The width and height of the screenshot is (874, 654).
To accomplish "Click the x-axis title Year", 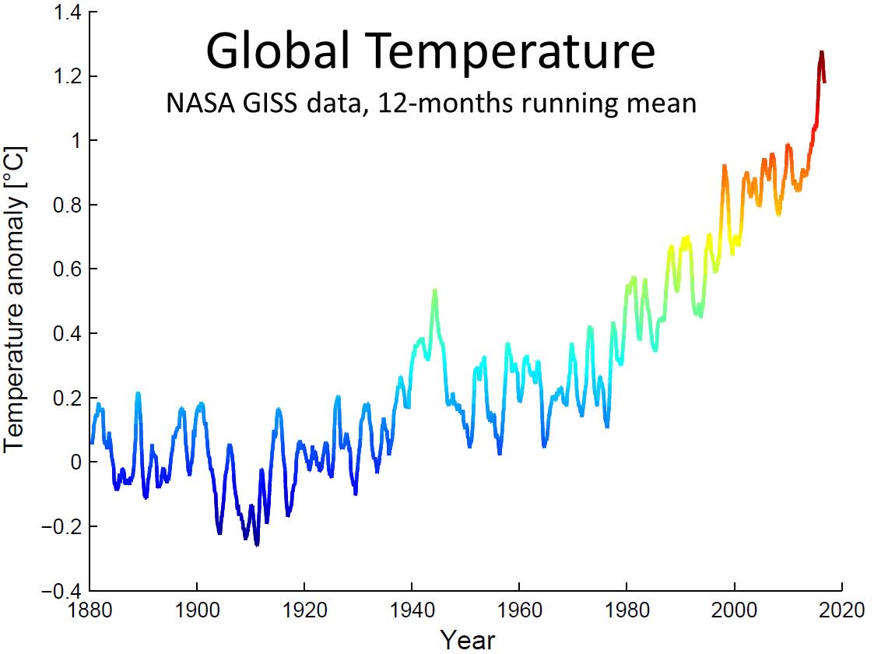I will click(467, 639).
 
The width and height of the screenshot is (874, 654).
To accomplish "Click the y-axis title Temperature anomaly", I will click(16, 296).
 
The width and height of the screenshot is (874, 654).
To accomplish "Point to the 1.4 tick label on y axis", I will click(65, 12).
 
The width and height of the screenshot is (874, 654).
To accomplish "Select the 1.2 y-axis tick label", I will click(65, 77).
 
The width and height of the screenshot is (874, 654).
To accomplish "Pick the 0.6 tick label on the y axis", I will click(65, 269).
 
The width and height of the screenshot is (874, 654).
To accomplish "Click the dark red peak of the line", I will click(821, 53).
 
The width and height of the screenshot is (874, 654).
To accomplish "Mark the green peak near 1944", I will click(435, 291).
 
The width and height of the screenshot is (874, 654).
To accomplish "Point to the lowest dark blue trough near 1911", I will click(257, 544).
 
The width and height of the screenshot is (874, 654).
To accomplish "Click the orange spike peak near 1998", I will click(724, 167).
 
